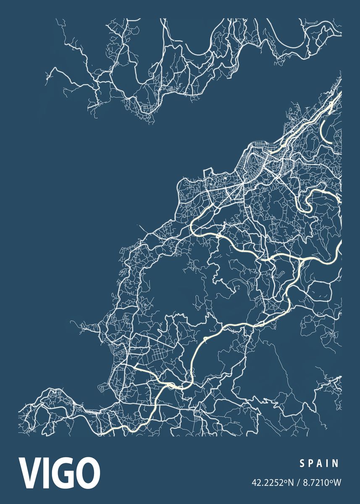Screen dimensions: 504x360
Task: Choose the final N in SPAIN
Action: click(x=335, y=464)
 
